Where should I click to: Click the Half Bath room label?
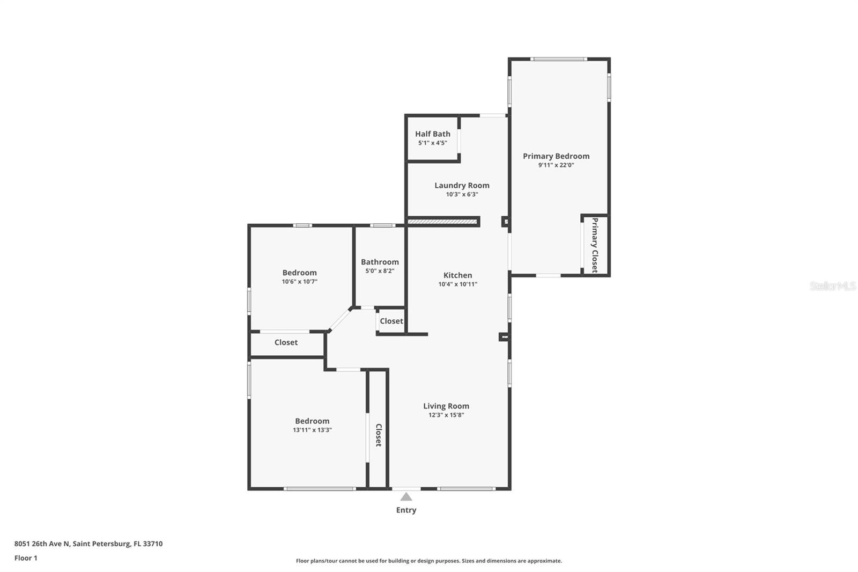click(x=432, y=134)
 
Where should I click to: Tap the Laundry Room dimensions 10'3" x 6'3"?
click(x=462, y=195)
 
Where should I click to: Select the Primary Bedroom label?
click(x=556, y=156)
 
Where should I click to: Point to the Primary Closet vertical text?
click(x=595, y=245)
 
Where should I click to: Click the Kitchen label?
click(x=457, y=275)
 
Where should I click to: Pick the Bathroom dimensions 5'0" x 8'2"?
click(x=380, y=271)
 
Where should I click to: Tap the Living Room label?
click(x=446, y=406)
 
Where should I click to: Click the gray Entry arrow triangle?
click(x=406, y=497)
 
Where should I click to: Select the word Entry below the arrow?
click(x=406, y=510)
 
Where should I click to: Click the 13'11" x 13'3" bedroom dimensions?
click(x=312, y=430)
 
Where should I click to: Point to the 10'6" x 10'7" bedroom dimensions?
click(x=300, y=282)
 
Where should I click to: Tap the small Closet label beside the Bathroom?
click(x=391, y=321)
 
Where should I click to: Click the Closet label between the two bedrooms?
click(x=286, y=342)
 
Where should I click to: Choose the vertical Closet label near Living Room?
click(x=378, y=435)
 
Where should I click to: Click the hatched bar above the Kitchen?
click(x=442, y=221)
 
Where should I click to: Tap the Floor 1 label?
click(x=26, y=558)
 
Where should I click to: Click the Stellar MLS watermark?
click(x=832, y=287)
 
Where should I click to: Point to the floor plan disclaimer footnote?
click(x=429, y=561)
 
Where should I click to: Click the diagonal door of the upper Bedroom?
click(x=339, y=320)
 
